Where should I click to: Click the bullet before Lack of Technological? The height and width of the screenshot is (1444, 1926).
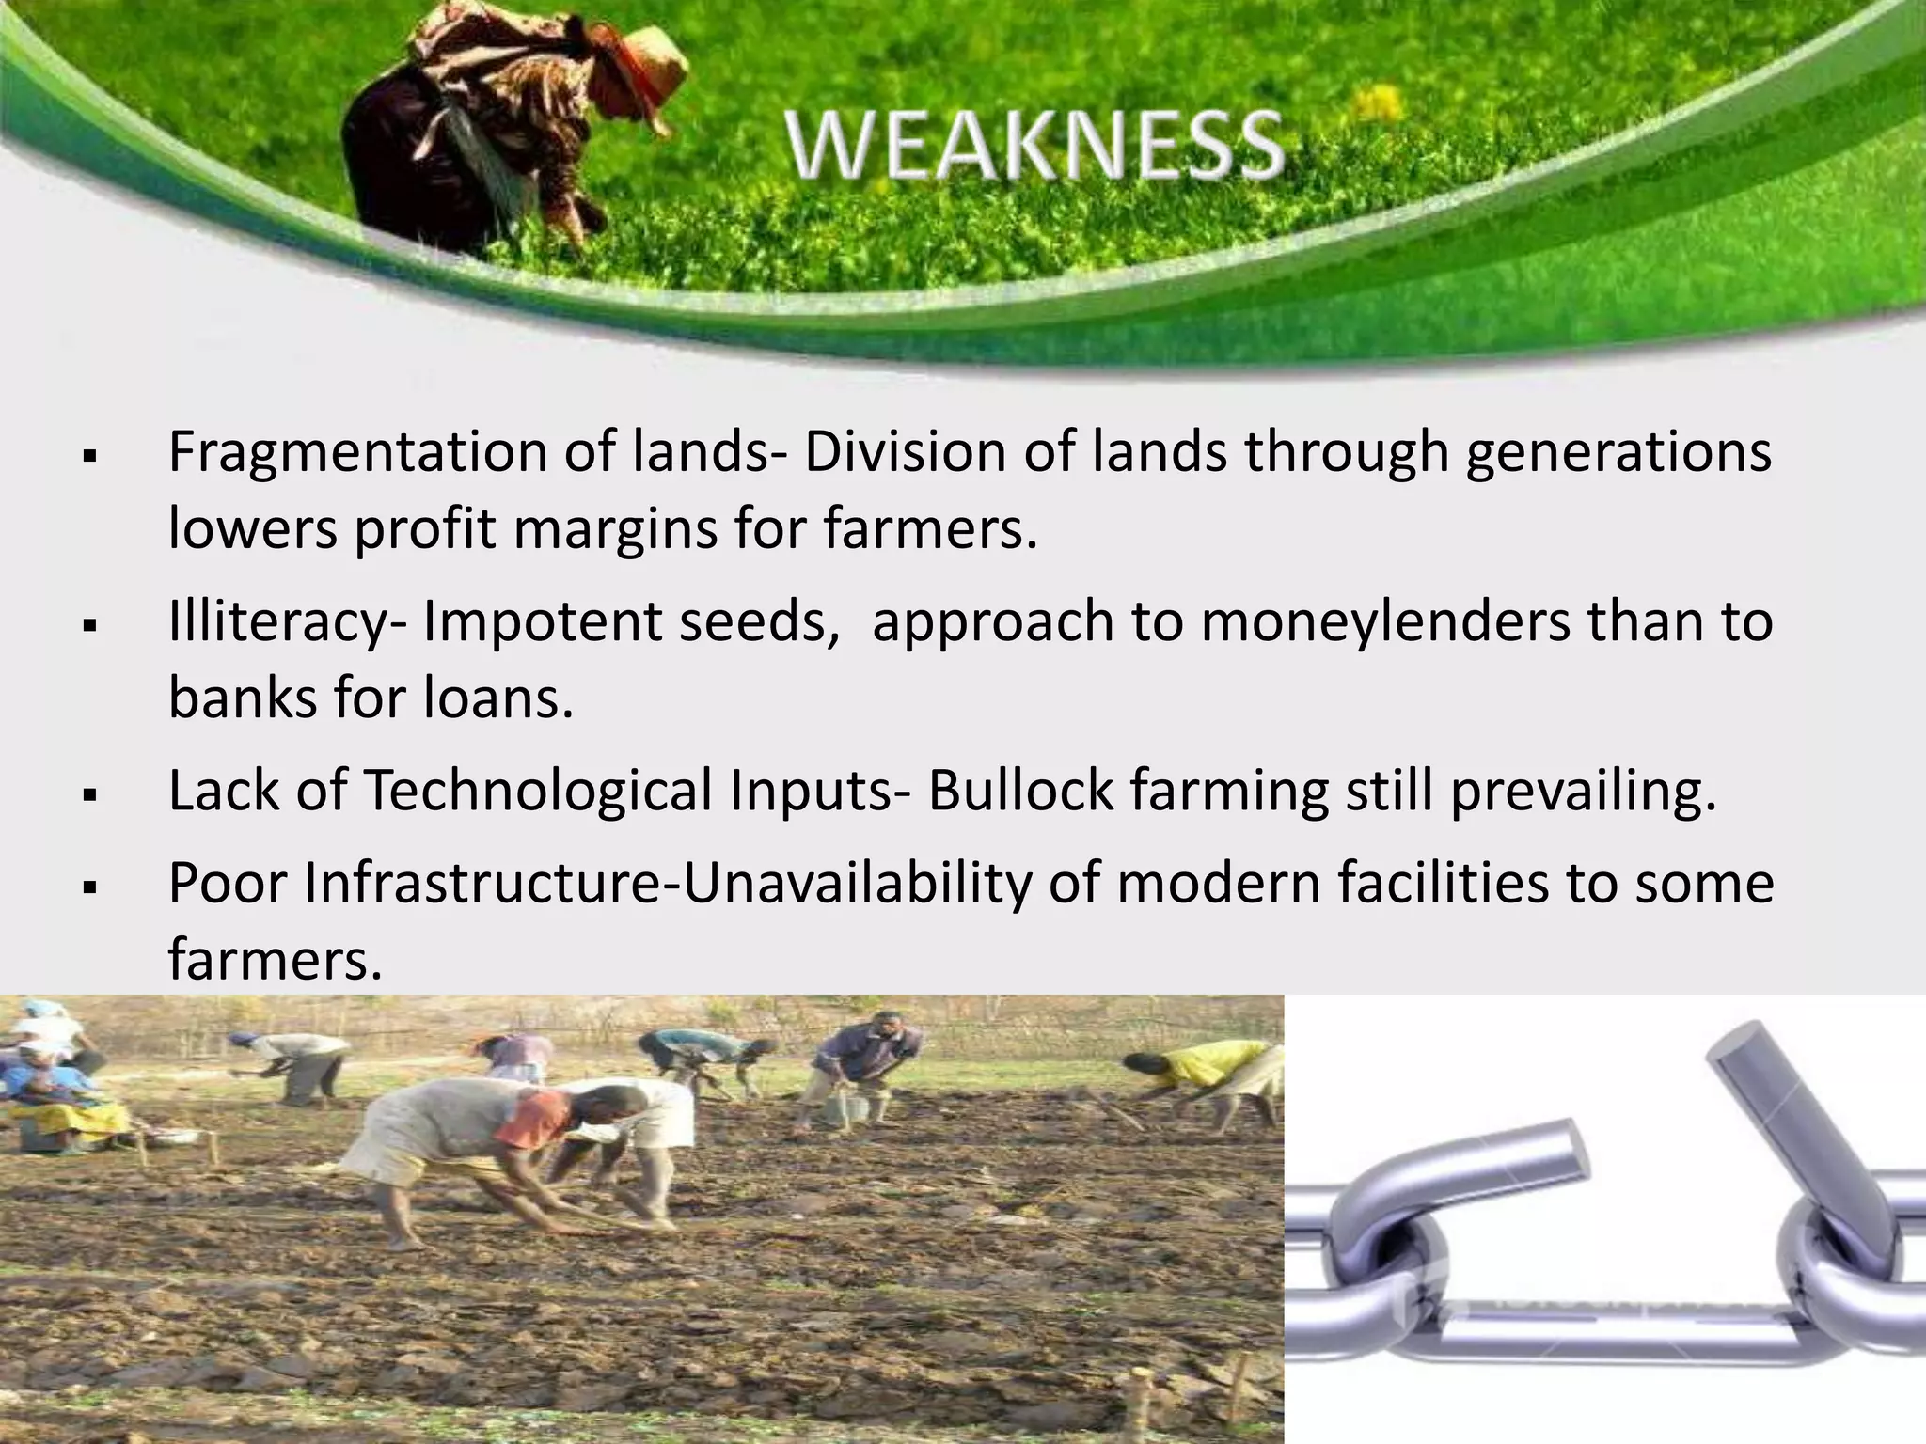click(x=91, y=795)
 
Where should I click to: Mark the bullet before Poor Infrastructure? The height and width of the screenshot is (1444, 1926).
click(x=91, y=887)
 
